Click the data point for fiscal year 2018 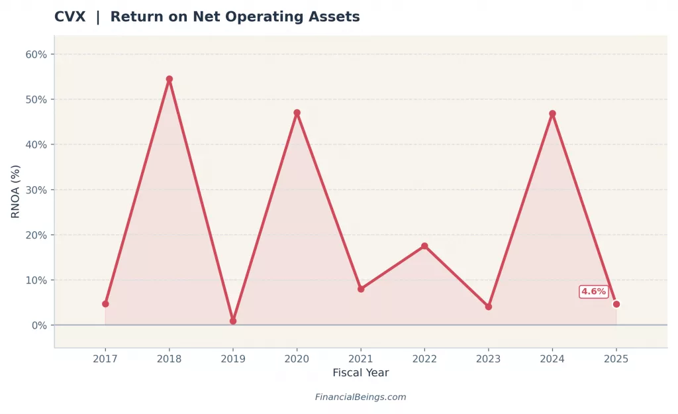[x=169, y=79]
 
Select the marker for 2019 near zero [x=233, y=321]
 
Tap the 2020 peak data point [x=297, y=113]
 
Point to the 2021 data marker [x=361, y=289]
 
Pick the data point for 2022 [x=424, y=246]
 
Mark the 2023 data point [x=489, y=307]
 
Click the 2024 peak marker [x=552, y=113]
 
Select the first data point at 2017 [x=105, y=304]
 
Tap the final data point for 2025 [x=616, y=304]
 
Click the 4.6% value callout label [x=593, y=291]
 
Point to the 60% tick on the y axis [x=36, y=54]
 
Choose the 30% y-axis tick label [x=36, y=190]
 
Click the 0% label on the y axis [x=38, y=325]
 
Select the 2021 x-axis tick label [x=361, y=358]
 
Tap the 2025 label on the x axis [x=616, y=358]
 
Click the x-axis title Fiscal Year [x=360, y=373]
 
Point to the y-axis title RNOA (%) [x=16, y=191]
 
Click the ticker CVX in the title [x=70, y=17]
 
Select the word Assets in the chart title [x=336, y=17]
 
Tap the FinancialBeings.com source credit [x=360, y=397]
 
